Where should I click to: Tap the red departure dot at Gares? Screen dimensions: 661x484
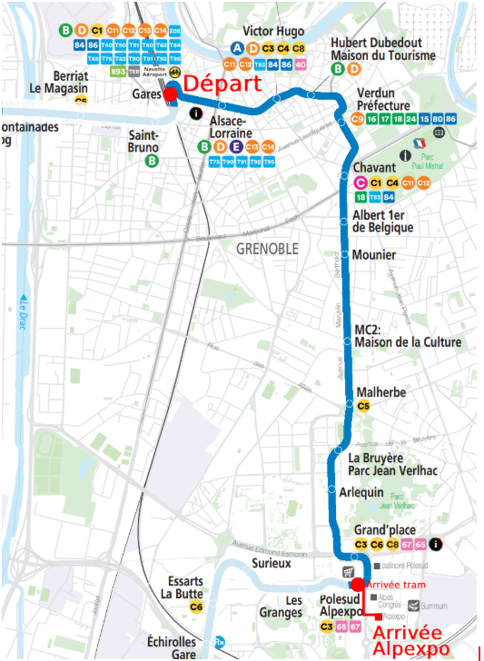click(170, 94)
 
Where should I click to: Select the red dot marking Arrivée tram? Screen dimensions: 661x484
click(358, 584)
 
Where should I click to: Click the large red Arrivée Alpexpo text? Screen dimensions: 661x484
click(408, 640)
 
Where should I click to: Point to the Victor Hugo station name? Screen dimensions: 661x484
click(273, 32)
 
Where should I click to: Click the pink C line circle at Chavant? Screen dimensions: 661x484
click(360, 183)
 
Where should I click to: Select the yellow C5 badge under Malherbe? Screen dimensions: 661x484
click(363, 406)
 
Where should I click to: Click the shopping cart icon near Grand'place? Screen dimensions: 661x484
click(347, 572)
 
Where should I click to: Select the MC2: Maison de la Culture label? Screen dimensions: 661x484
click(408, 335)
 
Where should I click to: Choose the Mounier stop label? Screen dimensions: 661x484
click(373, 255)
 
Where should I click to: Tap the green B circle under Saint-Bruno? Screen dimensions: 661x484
click(152, 161)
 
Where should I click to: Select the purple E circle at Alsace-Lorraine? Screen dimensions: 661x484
click(235, 147)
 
